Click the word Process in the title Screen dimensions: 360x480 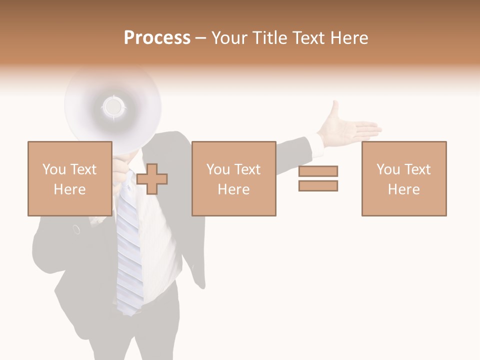tap(157, 38)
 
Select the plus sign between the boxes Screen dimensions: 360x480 tap(152, 179)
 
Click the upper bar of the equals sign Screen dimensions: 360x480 tap(318, 171)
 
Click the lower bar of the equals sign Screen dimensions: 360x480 tap(318, 185)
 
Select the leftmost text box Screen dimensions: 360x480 tap(69, 178)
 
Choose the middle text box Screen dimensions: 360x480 tap(233, 178)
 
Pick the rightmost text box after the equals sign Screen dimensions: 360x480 tap(403, 178)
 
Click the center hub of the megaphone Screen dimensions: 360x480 tap(113, 106)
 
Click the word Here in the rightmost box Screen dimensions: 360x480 tap(403, 189)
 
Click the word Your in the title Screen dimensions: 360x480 tap(229, 38)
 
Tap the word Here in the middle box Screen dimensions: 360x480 tap(233, 189)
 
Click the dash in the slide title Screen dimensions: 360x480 tap(200, 38)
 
